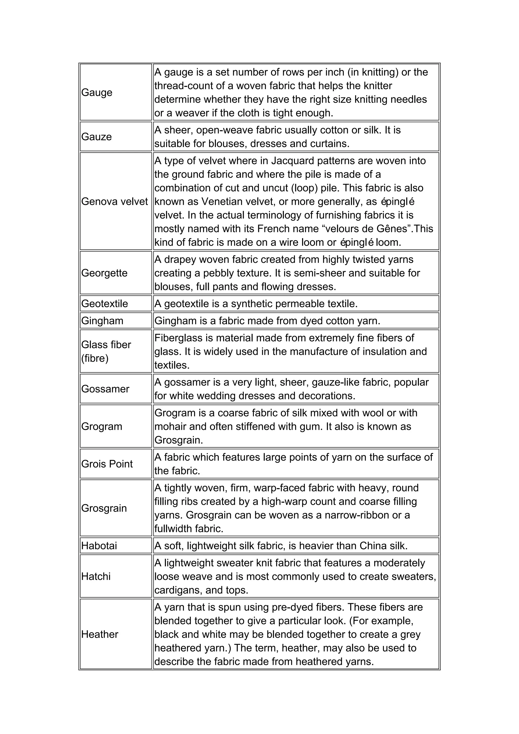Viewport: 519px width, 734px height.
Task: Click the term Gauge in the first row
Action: tap(97, 93)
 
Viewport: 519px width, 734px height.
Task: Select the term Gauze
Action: tap(96, 137)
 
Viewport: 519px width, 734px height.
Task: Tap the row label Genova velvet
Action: tap(114, 201)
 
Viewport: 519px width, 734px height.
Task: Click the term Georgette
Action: tap(104, 273)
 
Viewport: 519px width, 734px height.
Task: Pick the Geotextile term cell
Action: tap(104, 303)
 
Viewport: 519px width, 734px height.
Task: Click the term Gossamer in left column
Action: tap(105, 389)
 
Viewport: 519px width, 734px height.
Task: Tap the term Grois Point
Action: tap(107, 464)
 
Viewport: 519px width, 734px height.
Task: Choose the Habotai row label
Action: tap(99, 545)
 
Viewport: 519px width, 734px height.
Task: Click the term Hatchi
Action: tap(96, 576)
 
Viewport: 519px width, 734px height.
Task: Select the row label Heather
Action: tap(99, 634)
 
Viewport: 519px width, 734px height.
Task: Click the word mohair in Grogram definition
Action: tap(169, 427)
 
